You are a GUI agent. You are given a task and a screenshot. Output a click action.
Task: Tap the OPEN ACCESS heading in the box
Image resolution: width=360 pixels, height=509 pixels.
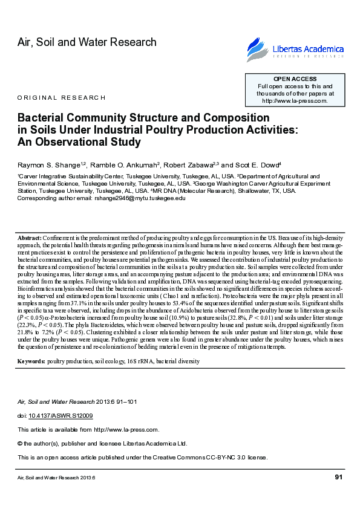tap(295, 79)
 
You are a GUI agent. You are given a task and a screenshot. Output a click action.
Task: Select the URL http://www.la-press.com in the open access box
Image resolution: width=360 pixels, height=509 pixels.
tap(295, 101)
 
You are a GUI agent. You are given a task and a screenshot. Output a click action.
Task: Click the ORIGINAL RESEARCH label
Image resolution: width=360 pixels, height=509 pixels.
tap(61, 97)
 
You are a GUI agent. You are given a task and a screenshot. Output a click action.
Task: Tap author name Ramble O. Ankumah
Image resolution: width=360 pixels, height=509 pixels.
tap(128, 164)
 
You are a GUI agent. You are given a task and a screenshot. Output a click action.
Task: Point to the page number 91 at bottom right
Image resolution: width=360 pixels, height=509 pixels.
tap(339, 478)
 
